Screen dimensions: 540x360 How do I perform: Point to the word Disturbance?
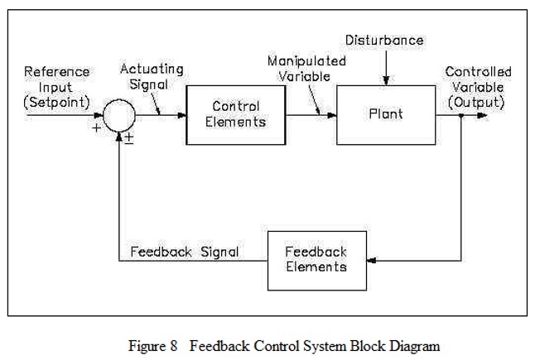pos(384,41)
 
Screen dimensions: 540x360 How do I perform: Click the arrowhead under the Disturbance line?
pos(386,80)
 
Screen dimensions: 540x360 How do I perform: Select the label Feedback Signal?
pos(185,252)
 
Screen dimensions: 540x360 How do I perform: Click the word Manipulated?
pos(306,61)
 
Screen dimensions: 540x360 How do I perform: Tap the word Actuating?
pos(152,70)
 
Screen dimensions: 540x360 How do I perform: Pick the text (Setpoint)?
pos(57,103)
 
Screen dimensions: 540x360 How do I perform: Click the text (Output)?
pos(476,103)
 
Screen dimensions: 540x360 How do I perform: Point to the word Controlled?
pos(478,72)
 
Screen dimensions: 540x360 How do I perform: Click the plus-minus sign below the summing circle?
pos(129,138)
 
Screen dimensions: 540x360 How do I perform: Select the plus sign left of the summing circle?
pos(96,128)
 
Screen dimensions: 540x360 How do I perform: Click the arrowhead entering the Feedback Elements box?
pos(372,261)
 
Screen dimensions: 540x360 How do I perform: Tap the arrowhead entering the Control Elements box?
pos(181,115)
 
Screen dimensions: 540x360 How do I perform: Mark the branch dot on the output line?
pos(461,116)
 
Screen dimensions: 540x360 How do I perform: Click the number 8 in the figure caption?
pos(173,346)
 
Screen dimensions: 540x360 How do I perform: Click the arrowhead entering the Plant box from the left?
pos(331,115)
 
